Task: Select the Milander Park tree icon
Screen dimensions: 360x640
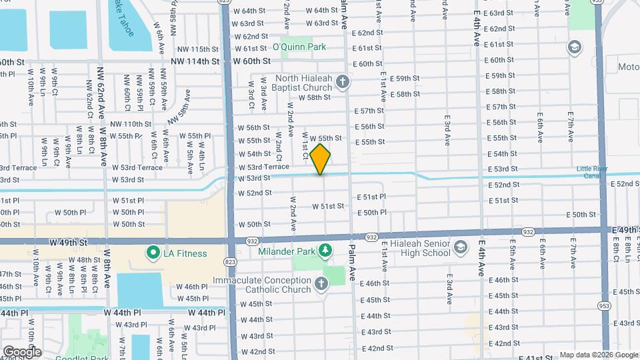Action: coord(325,251)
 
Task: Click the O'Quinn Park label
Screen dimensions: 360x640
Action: coord(299,47)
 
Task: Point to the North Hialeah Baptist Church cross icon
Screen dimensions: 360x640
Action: coord(343,82)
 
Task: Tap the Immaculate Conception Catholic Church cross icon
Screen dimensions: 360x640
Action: coord(321,285)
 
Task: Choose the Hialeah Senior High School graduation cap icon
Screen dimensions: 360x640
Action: coord(461,248)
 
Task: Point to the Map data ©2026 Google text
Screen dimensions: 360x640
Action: coord(597,355)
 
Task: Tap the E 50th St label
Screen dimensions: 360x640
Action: coord(581,215)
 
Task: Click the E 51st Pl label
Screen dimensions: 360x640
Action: coord(372,197)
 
